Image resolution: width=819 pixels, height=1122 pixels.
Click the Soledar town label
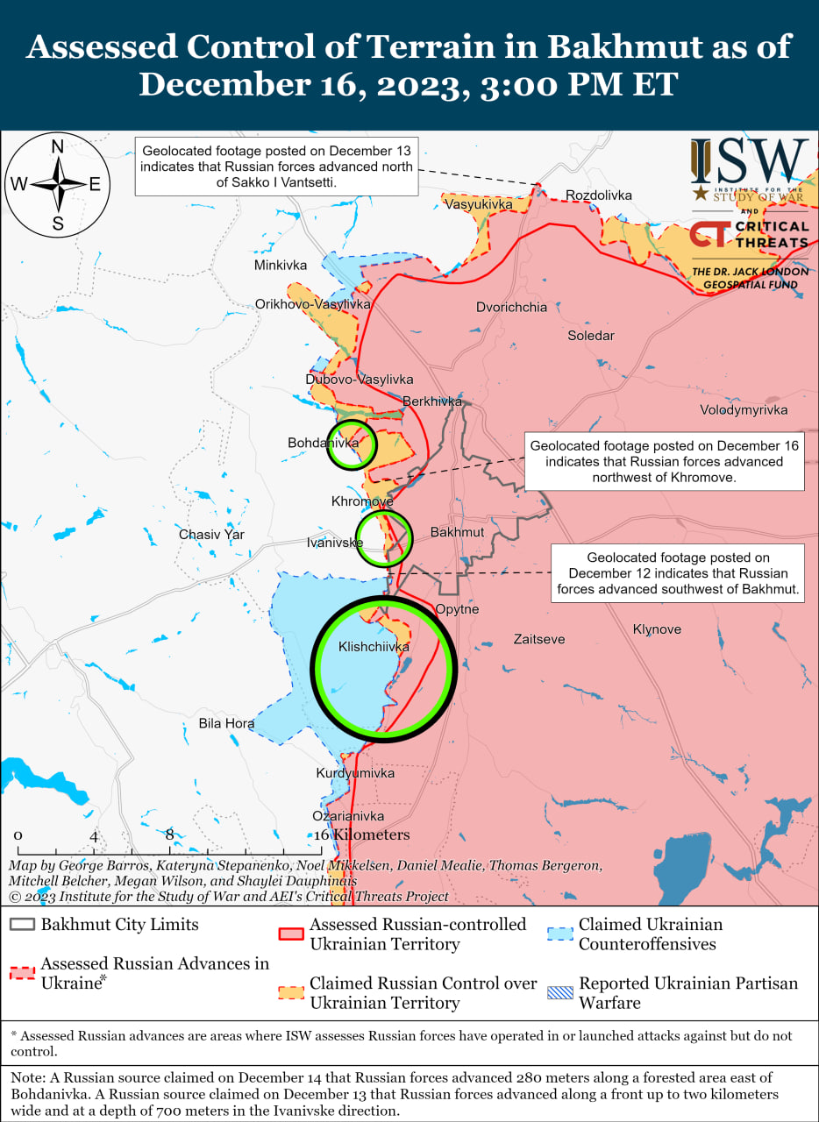pyautogui.click(x=591, y=336)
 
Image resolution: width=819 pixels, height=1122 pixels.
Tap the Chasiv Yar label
pyautogui.click(x=211, y=535)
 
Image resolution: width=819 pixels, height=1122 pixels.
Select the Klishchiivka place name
pyautogui.click(x=374, y=648)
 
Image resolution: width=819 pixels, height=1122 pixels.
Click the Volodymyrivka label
pyautogui.click(x=744, y=410)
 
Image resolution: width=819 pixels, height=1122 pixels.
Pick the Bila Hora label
pyautogui.click(x=226, y=724)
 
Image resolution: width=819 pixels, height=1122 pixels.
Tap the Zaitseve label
pyautogui.click(x=539, y=640)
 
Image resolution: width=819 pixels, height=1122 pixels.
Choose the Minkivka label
pyautogui.click(x=281, y=265)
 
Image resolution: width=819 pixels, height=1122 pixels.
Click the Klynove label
pyautogui.click(x=657, y=629)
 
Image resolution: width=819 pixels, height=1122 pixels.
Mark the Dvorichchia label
pyautogui.click(x=511, y=308)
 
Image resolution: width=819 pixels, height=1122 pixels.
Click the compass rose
pyautogui.click(x=58, y=184)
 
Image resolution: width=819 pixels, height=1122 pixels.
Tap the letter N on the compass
pyautogui.click(x=58, y=147)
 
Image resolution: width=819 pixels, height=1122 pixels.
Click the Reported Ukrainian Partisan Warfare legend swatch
pyautogui.click(x=559, y=993)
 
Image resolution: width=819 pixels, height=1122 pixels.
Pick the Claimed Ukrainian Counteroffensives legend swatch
pyautogui.click(x=559, y=934)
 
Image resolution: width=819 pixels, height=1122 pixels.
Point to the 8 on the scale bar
pyautogui.click(x=169, y=835)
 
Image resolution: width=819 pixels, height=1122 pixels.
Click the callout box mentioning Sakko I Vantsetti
pyautogui.click(x=275, y=166)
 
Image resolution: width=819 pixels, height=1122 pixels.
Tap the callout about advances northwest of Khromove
pyautogui.click(x=663, y=461)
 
